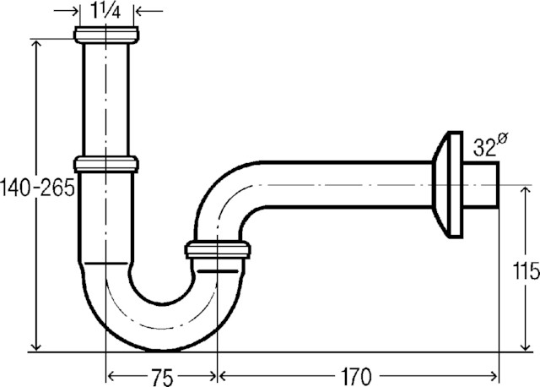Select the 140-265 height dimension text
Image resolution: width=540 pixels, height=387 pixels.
click(38, 188)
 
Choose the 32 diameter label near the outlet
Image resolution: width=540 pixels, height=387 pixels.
click(484, 148)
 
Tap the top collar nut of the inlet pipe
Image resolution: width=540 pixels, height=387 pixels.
click(105, 35)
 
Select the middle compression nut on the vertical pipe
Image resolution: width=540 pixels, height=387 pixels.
click(105, 163)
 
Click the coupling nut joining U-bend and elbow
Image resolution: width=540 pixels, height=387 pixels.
click(218, 250)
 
